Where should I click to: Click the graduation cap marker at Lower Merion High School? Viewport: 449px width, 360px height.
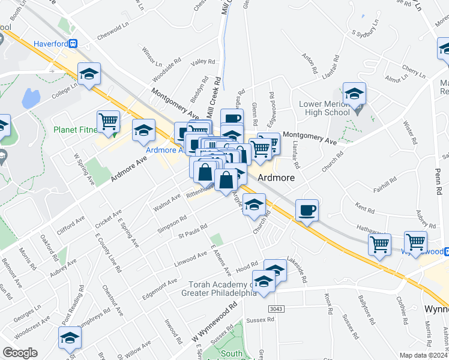click(355, 94)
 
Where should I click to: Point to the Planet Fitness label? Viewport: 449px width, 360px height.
click(75, 130)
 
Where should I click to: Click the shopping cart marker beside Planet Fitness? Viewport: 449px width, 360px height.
click(109, 121)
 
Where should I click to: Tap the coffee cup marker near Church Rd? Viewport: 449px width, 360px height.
click(307, 211)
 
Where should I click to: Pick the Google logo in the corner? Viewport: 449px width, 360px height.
click(20, 352)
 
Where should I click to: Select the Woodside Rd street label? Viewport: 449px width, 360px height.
click(167, 72)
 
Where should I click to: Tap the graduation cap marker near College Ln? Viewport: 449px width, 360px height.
click(89, 74)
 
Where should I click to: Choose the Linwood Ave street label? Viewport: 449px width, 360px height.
click(190, 259)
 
